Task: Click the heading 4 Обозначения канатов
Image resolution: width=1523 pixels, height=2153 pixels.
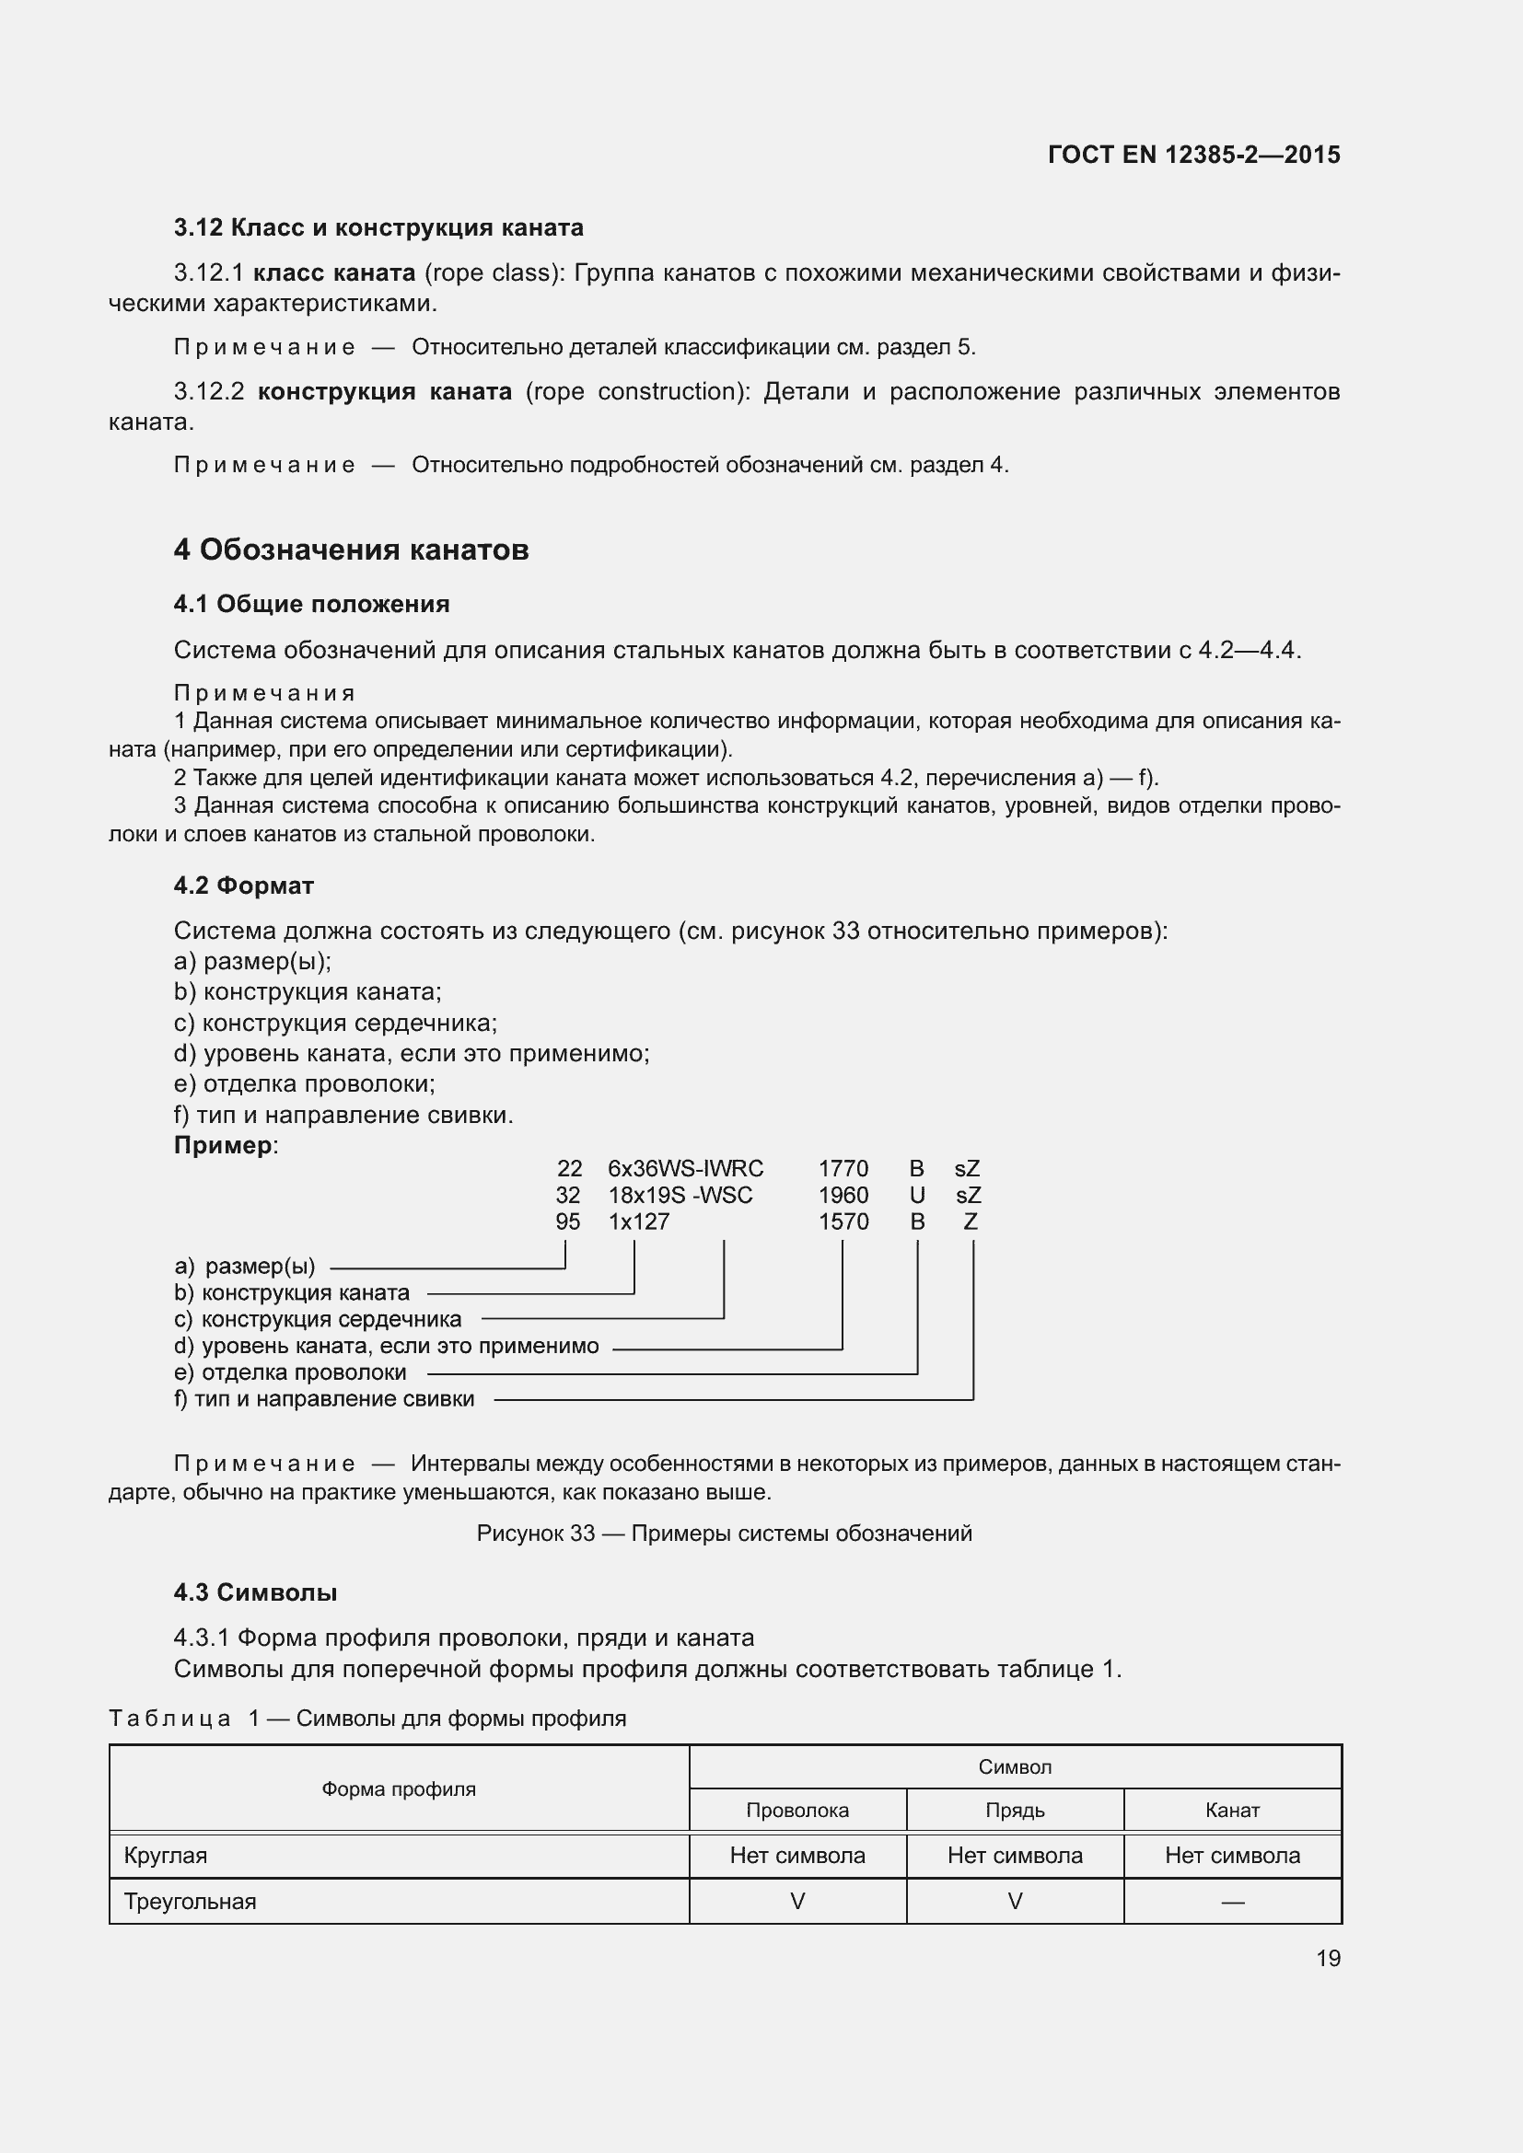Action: (351, 550)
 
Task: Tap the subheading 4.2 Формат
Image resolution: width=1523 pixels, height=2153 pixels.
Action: (244, 886)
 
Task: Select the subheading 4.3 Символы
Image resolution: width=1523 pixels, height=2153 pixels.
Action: (255, 1592)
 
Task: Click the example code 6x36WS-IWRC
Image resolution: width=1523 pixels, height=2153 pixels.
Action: (686, 1168)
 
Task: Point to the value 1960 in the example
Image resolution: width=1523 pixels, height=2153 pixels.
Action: (843, 1195)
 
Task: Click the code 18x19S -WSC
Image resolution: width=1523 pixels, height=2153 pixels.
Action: (680, 1195)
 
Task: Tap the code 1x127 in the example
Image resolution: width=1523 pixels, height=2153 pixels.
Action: (639, 1221)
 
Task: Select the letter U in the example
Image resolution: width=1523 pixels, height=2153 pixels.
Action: (917, 1195)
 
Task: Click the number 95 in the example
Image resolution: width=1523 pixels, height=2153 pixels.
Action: (567, 1221)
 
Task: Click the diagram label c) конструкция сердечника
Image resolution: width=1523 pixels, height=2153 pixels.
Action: (318, 1319)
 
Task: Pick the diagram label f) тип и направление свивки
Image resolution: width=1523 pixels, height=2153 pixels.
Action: (324, 1398)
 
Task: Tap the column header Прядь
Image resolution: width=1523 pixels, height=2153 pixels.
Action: (1015, 1810)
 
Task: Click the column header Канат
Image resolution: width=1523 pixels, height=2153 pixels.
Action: (1231, 1810)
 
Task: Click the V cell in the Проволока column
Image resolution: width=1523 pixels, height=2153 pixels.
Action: (797, 1902)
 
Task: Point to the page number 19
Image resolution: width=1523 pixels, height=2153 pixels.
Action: (1328, 1958)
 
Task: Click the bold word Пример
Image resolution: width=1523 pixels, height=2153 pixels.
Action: (223, 1145)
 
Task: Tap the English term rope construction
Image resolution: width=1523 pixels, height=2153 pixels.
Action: (637, 391)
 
